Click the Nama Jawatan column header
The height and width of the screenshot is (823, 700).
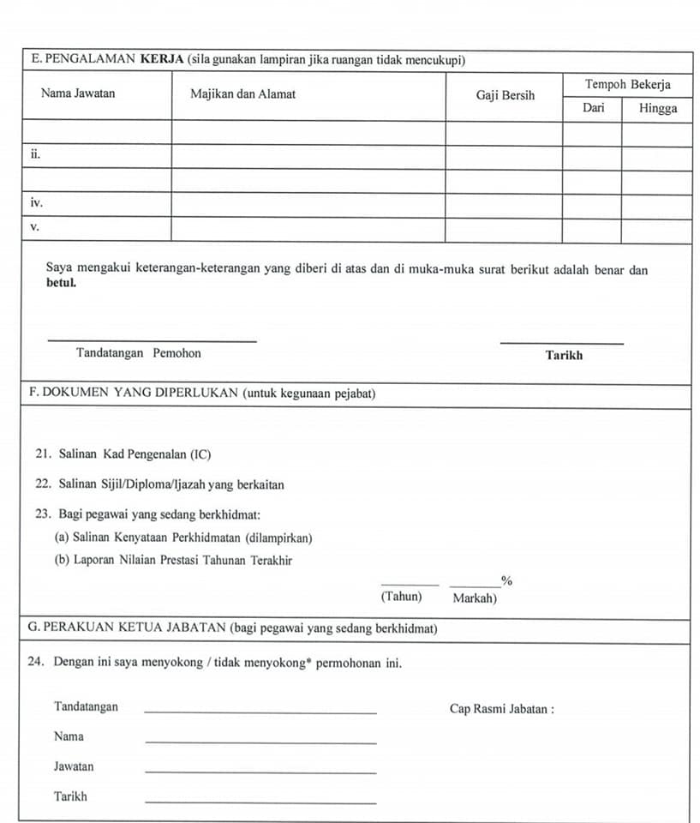coord(78,94)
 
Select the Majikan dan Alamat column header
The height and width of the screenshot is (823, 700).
coord(242,94)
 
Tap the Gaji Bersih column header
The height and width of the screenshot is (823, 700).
coord(505,95)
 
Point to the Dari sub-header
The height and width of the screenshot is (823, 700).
coord(593,108)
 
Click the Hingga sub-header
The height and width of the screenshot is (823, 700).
coord(658,108)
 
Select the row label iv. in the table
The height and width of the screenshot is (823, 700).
coord(37,204)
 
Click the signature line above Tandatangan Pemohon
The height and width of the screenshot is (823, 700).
coord(152,341)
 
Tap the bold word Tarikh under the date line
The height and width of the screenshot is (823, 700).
coord(564,355)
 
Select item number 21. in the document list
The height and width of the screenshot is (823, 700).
coord(44,454)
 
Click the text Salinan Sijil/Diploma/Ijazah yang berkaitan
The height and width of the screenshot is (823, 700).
coord(171,484)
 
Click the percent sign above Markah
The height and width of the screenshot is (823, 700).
coord(506,581)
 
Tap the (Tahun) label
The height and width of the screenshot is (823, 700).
coord(402,597)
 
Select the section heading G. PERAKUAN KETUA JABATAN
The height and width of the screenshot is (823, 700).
coord(128,628)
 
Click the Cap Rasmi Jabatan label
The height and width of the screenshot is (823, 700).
coord(501,709)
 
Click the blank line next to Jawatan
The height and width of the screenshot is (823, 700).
coord(260,772)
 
